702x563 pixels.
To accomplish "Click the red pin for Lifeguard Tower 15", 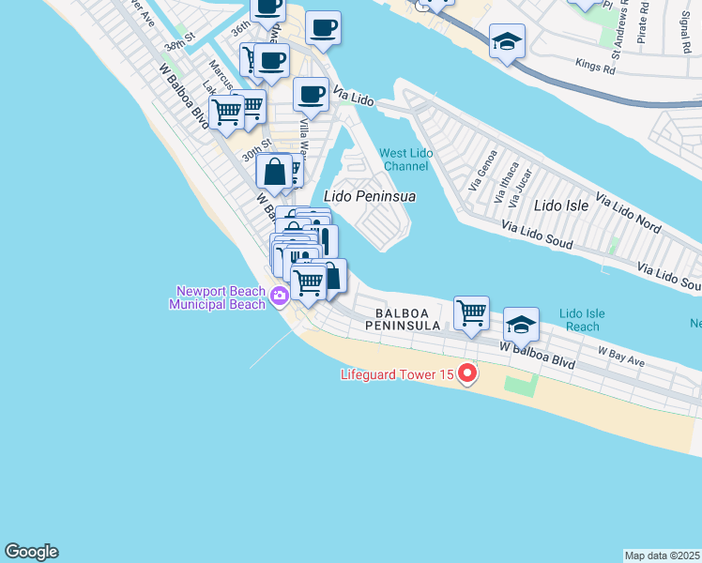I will (x=466, y=375).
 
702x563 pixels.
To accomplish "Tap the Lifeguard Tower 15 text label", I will (x=397, y=375).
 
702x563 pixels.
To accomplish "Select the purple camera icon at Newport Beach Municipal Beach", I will (x=279, y=297).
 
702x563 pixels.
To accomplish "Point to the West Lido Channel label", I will (x=404, y=160).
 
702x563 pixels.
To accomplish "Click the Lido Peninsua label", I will (x=369, y=197).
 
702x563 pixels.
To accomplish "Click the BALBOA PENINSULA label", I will (x=408, y=319).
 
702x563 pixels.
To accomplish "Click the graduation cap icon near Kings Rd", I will (x=507, y=41).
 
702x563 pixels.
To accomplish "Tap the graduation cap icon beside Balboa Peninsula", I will (x=521, y=325).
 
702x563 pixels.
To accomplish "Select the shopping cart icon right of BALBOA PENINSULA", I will (x=470, y=313).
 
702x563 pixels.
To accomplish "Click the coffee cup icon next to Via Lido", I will (x=311, y=94).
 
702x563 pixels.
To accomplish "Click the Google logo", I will (x=31, y=552).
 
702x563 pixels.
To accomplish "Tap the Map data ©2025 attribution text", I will (x=663, y=555).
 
